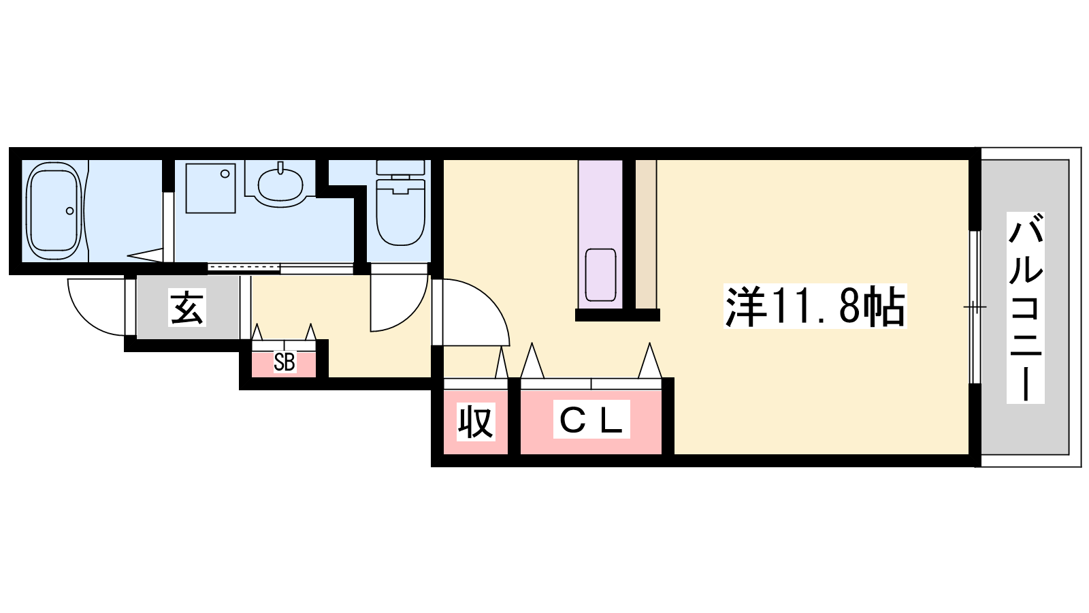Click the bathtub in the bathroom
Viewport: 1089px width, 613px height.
(x=54, y=210)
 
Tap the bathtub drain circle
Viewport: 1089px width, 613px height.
(x=70, y=210)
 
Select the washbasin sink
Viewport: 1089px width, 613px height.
(x=280, y=185)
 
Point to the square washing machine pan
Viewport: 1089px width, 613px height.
(x=210, y=188)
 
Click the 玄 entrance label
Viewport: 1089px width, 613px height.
(x=187, y=307)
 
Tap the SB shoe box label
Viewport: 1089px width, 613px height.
(x=285, y=362)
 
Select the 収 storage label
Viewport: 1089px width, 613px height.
(x=476, y=422)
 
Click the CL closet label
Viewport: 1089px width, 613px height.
(x=591, y=420)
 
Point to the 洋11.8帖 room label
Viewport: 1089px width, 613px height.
(x=815, y=306)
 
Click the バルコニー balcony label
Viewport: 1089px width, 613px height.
(x=1025, y=307)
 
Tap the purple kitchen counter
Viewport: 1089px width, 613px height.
(x=600, y=234)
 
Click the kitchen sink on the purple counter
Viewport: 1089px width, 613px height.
(x=601, y=275)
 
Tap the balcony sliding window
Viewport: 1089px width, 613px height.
(x=975, y=307)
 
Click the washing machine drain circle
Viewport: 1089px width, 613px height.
(x=225, y=174)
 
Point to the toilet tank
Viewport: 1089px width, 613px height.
(x=401, y=168)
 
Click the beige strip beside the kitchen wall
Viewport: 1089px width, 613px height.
(x=646, y=234)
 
